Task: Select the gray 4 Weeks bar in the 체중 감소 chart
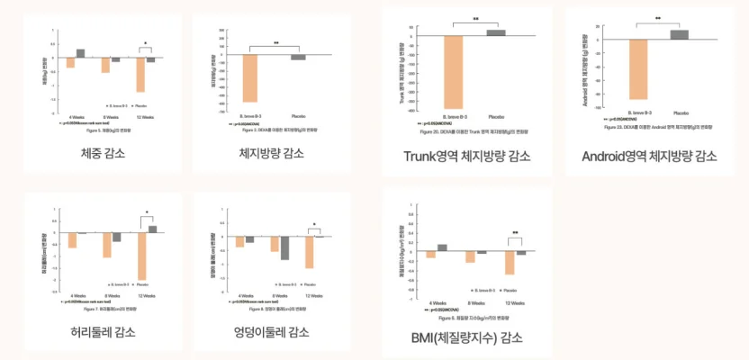[x=81, y=53]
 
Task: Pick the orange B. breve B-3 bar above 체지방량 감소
[x=250, y=77]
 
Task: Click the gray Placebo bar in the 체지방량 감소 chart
[x=298, y=57]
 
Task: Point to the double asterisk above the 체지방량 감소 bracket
[x=276, y=43]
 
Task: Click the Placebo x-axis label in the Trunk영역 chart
[x=496, y=116]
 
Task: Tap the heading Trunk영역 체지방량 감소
[x=467, y=157]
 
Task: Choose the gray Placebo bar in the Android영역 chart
[x=680, y=34]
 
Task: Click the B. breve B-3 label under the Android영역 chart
[x=636, y=112]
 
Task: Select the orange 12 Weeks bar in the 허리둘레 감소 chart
[x=141, y=256]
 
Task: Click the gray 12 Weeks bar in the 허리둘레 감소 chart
[x=152, y=229]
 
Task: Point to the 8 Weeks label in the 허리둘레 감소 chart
[x=112, y=294]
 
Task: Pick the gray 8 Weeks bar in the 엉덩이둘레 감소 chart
[x=284, y=247]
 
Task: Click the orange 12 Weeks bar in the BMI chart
[x=510, y=262]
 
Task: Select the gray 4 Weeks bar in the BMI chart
[x=443, y=247]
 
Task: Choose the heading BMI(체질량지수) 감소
[x=467, y=338]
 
